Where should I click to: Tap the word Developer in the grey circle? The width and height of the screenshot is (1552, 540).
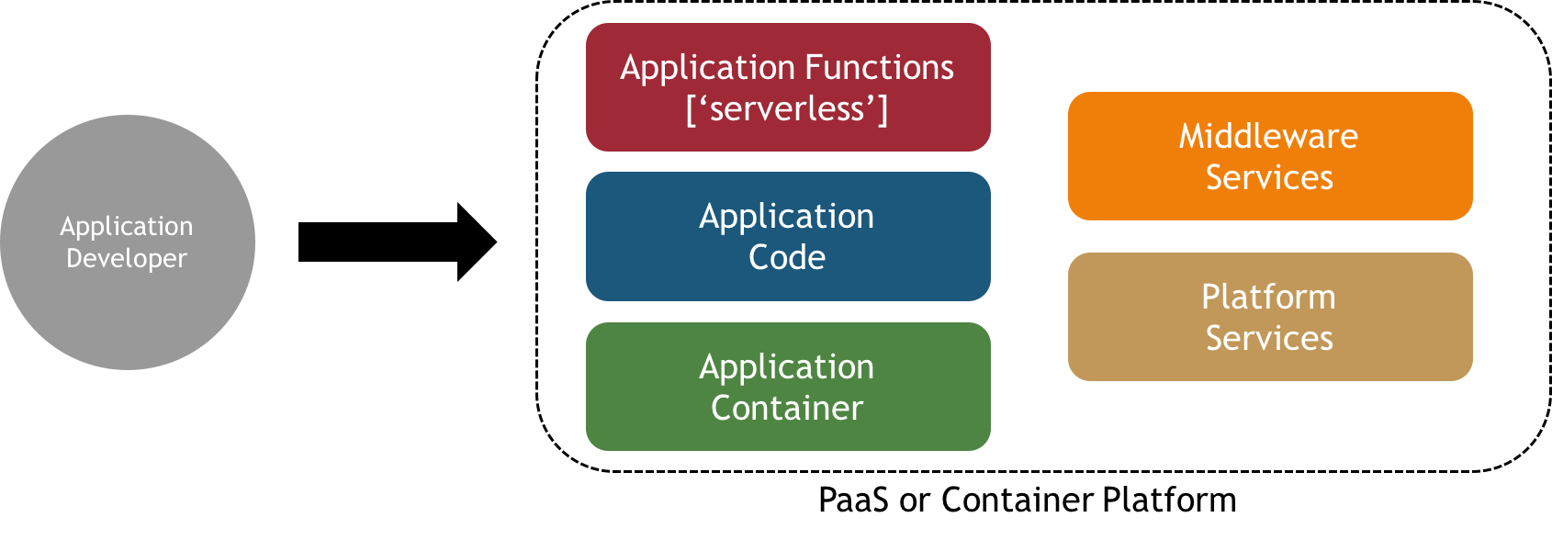pos(127,259)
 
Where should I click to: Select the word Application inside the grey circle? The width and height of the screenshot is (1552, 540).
pos(127,226)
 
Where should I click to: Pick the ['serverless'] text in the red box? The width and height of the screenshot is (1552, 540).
pos(787,109)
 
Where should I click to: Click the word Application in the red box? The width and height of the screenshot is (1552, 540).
pos(694,68)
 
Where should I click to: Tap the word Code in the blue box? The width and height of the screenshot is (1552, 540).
pos(787,258)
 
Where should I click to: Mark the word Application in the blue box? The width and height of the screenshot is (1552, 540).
pos(787,217)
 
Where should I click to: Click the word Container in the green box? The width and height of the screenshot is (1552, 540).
pos(787,409)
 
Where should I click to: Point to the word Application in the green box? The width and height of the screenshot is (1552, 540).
pos(787,367)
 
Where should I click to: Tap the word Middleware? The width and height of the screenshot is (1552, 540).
pos(1268,137)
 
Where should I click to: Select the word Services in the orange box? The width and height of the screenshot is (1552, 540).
pos(1269,178)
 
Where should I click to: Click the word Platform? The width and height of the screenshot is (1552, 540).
pos(1268,298)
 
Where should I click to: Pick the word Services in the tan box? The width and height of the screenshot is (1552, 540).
pos(1269,339)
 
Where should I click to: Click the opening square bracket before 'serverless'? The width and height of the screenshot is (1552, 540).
pos(691,109)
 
